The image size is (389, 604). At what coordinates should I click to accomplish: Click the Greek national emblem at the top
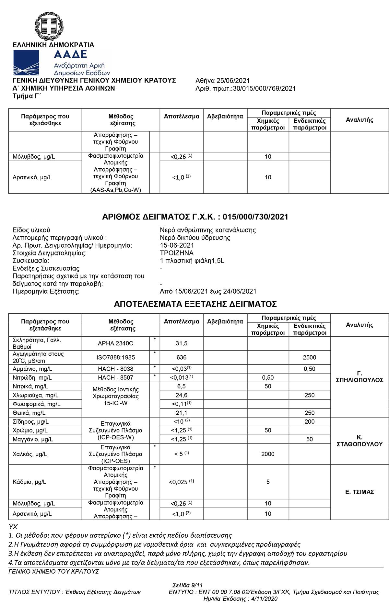(x=49, y=25)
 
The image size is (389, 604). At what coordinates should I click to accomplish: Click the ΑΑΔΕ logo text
(x=70, y=54)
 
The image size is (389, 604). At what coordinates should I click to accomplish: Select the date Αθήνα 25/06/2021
(x=223, y=81)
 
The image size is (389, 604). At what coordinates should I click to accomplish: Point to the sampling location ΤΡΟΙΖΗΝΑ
(x=177, y=253)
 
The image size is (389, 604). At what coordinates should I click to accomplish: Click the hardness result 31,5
(x=182, y=343)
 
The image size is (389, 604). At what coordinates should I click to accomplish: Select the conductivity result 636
(x=182, y=357)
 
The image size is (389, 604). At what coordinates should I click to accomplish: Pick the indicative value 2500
(x=310, y=357)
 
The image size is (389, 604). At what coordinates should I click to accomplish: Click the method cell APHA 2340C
(x=115, y=343)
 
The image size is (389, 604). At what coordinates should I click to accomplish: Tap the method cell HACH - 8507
(x=115, y=377)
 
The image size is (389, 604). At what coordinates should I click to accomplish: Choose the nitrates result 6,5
(x=182, y=386)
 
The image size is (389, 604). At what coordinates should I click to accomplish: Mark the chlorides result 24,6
(x=182, y=395)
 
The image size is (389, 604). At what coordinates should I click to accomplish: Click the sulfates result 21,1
(x=182, y=413)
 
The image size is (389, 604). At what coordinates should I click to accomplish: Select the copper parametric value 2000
(x=268, y=454)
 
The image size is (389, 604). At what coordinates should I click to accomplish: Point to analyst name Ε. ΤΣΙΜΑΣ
(x=360, y=492)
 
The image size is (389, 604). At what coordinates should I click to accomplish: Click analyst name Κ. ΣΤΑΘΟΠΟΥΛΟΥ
(x=360, y=441)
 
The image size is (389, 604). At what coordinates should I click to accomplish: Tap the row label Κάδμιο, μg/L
(x=29, y=482)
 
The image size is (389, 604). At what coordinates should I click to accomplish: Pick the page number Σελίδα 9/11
(x=188, y=585)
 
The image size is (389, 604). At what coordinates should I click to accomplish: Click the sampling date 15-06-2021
(x=177, y=245)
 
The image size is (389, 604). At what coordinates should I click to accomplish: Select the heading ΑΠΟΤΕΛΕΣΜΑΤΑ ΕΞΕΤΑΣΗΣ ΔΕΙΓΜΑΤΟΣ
(x=195, y=304)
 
